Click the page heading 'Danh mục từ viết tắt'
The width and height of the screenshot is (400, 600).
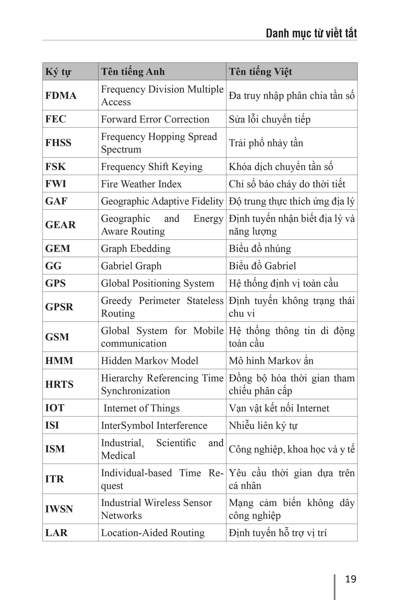[x=311, y=34]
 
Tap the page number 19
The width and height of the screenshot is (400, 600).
[x=351, y=579]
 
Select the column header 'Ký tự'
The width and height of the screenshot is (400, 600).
[x=58, y=72]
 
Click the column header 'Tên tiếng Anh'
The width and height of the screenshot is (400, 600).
[x=133, y=72]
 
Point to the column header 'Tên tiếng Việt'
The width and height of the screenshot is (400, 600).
[x=260, y=72]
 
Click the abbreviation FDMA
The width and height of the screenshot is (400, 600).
[x=61, y=95]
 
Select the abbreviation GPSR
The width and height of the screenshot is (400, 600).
[x=59, y=307]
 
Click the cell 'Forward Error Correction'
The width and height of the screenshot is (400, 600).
[x=155, y=119]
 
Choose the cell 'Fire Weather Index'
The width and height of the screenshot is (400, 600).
[x=141, y=184]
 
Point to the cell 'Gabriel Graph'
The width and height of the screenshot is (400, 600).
[x=131, y=266]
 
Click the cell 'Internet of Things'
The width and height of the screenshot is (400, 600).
[x=141, y=408]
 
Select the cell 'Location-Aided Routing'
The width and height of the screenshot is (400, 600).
[x=153, y=533]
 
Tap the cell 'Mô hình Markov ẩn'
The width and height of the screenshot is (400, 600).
[x=271, y=360]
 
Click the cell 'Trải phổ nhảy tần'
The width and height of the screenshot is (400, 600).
[x=266, y=143]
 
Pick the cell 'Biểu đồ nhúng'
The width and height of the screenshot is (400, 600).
[x=260, y=248]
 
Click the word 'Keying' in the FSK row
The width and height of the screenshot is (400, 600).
[x=187, y=167]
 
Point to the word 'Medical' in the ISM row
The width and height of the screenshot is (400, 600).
[x=118, y=455]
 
